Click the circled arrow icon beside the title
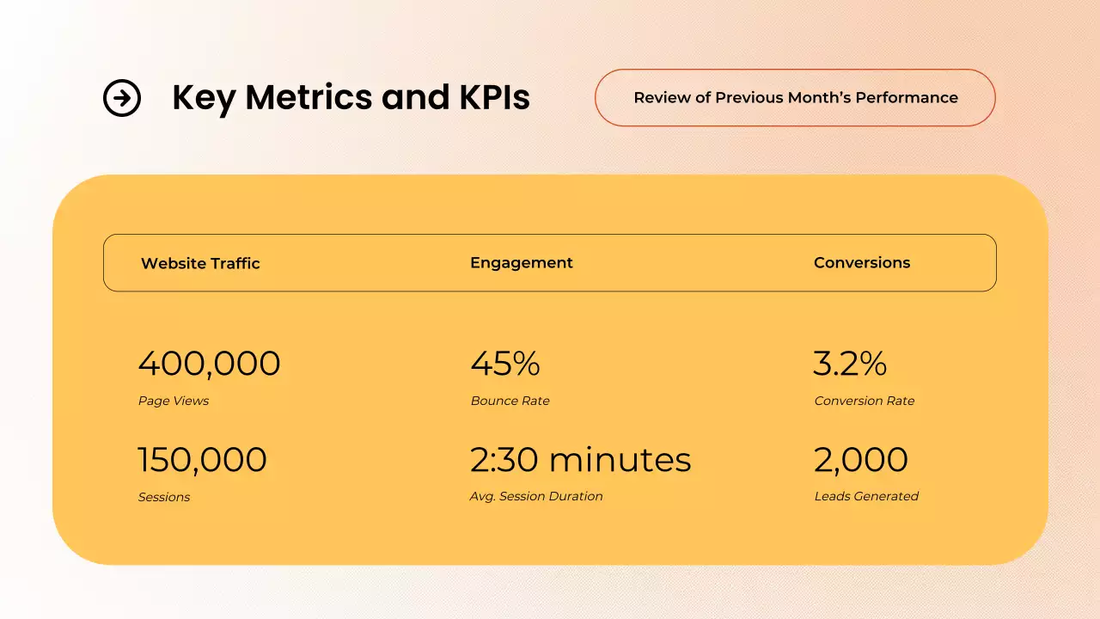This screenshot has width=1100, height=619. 122,98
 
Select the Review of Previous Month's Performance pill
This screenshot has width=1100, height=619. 795,98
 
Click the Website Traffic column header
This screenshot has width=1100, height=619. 200,263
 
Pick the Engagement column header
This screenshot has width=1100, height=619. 521,263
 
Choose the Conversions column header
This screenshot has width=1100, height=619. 861,263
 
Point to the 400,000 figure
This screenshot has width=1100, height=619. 209,365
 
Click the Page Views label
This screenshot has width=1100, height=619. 174,401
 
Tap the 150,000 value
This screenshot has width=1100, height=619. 202,460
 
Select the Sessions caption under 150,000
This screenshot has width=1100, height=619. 164,497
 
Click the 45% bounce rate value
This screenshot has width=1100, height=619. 504,365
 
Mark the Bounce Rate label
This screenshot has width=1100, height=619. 510,401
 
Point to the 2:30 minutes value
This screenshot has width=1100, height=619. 580,460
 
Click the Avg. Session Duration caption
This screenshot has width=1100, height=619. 536,496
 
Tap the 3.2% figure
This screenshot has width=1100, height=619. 849,365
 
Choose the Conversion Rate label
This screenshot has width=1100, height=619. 864,401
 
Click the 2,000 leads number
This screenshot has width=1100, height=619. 860,460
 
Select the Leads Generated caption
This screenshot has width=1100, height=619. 866,496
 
